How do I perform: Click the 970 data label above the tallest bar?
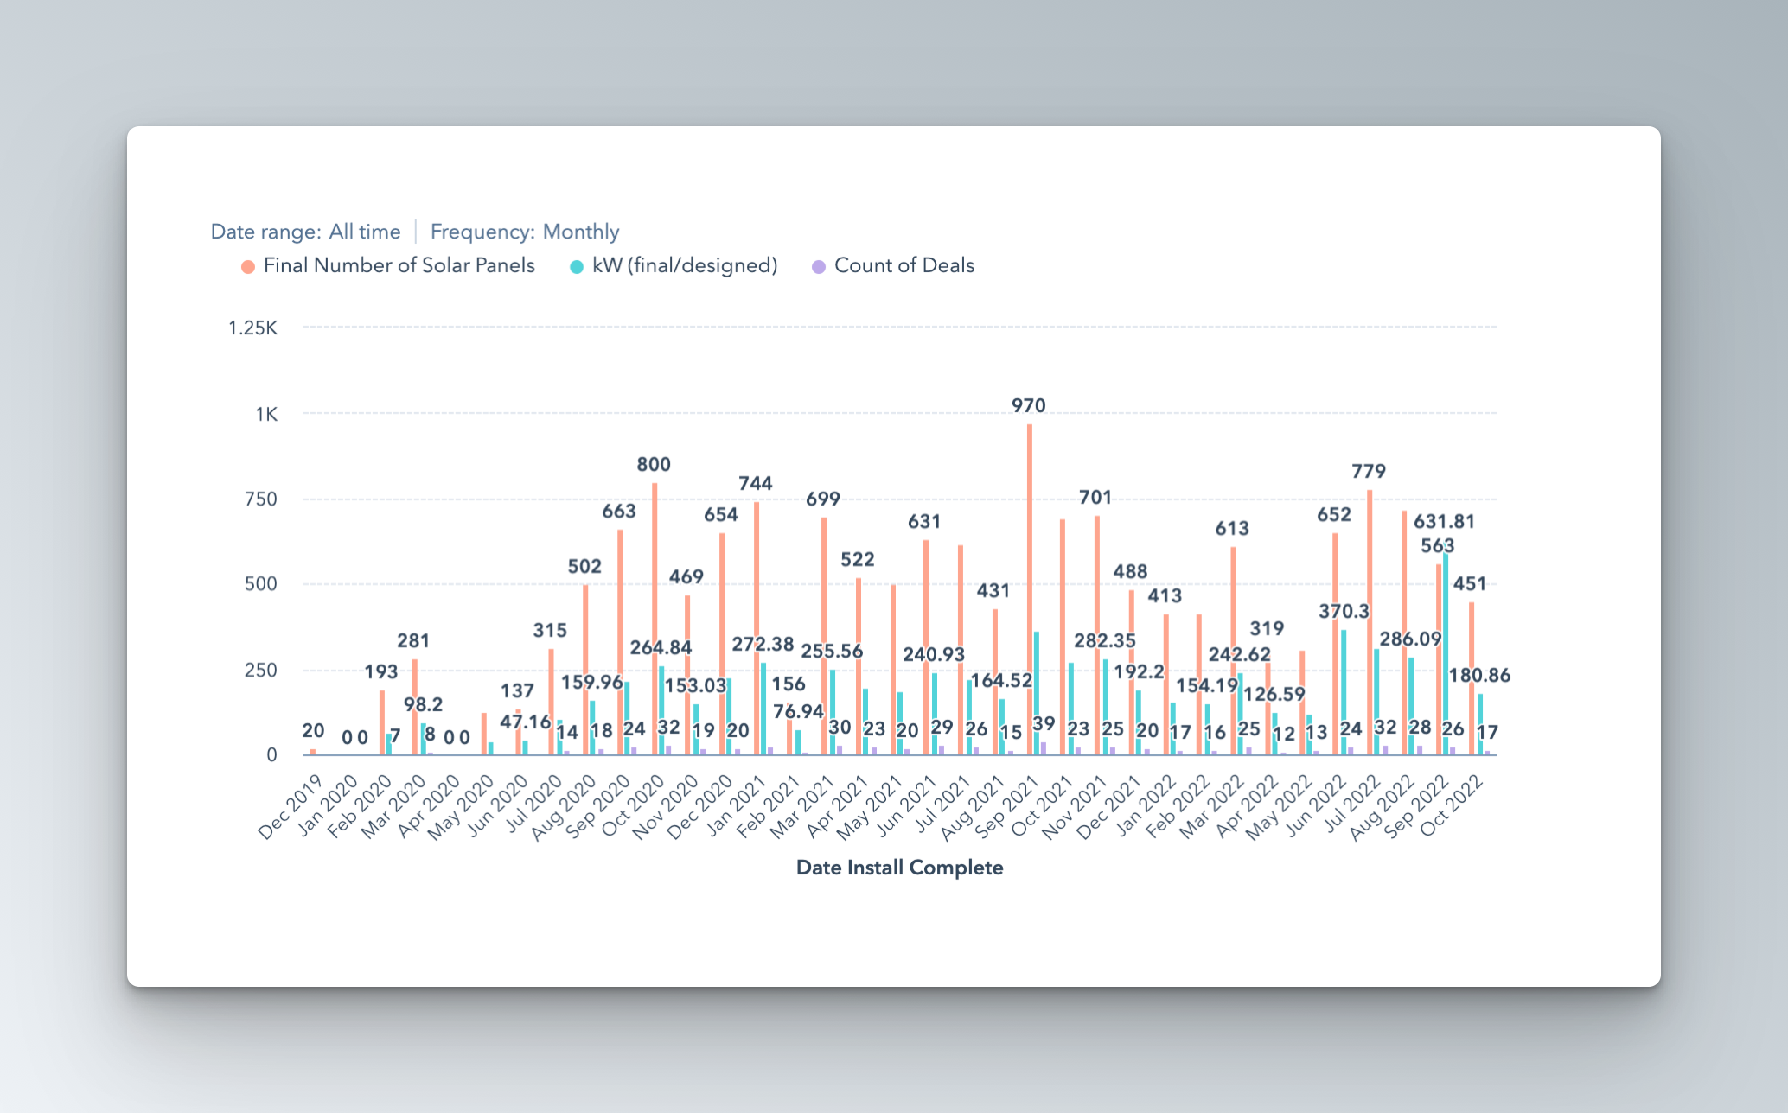tap(1028, 405)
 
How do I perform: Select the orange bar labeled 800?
tap(655, 605)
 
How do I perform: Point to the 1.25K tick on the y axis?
tap(252, 328)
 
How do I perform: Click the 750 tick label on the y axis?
tap(260, 499)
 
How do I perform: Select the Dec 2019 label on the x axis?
tap(290, 807)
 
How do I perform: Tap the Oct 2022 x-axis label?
tap(1452, 805)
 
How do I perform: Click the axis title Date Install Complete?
tap(899, 868)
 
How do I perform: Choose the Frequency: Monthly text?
tap(525, 232)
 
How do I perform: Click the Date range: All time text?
tap(305, 232)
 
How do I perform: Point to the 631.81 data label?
tap(1444, 521)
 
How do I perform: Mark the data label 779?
tap(1369, 471)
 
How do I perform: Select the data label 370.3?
tap(1344, 611)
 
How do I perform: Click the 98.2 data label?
tap(423, 704)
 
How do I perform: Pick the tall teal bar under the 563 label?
tap(1446, 657)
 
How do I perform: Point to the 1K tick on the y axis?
tap(266, 414)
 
